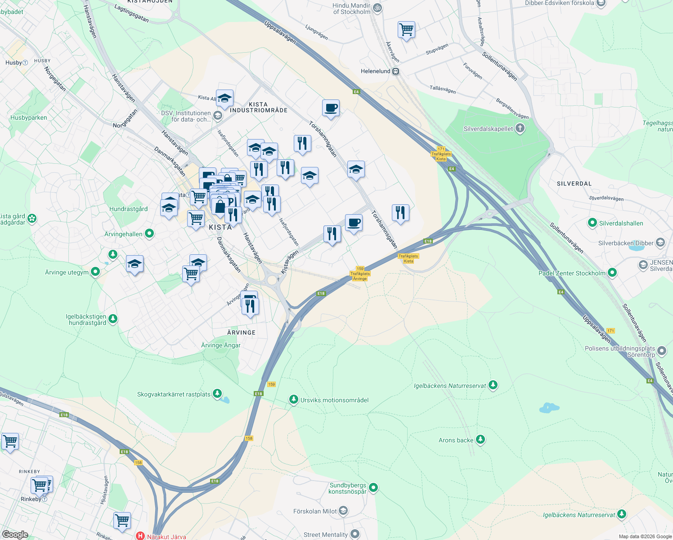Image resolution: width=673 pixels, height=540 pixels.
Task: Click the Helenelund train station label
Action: (x=376, y=71)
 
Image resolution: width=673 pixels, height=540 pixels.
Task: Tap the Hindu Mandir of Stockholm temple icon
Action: (x=378, y=8)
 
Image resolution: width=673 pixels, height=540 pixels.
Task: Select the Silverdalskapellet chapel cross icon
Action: (x=520, y=129)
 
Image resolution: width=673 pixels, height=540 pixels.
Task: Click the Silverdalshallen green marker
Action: (x=592, y=223)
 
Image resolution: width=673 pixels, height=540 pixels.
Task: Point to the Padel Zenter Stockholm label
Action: (x=572, y=273)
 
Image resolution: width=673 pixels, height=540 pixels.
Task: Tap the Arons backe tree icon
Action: (x=480, y=439)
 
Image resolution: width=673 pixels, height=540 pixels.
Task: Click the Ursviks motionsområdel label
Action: (x=334, y=400)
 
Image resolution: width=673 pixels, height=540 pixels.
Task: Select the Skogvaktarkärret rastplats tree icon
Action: (x=217, y=394)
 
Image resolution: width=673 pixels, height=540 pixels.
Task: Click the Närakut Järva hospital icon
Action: (x=140, y=536)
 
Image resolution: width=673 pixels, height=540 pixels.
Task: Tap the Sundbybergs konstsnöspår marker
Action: (x=373, y=487)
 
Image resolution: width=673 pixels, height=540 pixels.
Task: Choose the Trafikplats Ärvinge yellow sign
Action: (x=360, y=276)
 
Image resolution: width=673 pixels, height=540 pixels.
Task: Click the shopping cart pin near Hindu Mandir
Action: (x=406, y=30)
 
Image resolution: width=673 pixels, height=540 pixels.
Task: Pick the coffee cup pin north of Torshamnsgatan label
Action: (x=331, y=108)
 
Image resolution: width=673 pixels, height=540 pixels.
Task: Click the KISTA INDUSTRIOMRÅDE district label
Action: (x=258, y=107)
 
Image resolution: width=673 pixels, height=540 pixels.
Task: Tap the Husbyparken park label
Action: (x=29, y=117)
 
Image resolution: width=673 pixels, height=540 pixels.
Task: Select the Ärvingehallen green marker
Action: (x=149, y=234)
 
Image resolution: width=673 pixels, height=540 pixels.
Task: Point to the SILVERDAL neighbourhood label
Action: (x=574, y=184)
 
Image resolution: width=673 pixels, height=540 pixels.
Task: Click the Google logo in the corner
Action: (x=15, y=534)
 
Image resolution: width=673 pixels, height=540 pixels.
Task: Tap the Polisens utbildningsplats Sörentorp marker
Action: (x=661, y=351)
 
